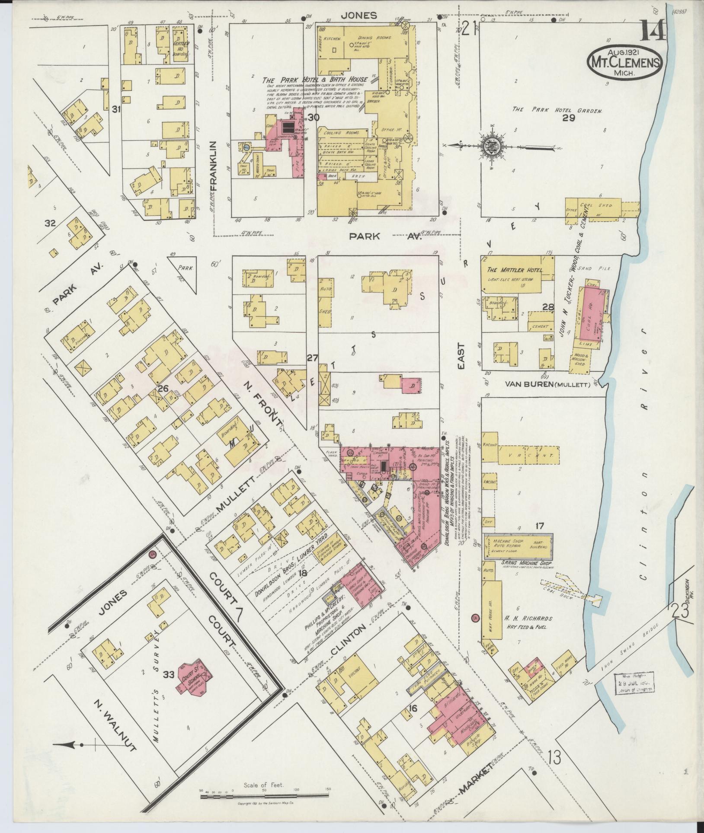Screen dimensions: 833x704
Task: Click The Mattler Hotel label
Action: [514, 270]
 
